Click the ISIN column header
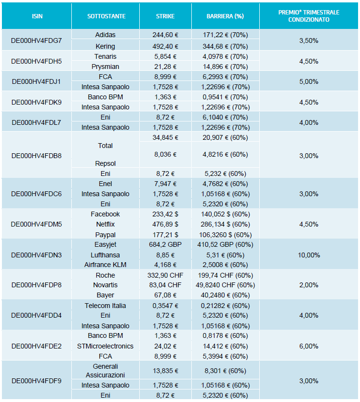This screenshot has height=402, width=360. pyautogui.click(x=37, y=16)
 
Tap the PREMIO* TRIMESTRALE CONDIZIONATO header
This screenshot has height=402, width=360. pyautogui.click(x=309, y=16)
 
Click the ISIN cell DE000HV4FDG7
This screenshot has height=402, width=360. pyautogui.click(x=37, y=40)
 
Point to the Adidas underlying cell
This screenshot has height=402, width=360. pyautogui.click(x=106, y=35)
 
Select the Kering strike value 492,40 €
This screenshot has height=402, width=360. pyautogui.click(x=165, y=46)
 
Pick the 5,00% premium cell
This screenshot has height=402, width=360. pyautogui.click(x=309, y=81)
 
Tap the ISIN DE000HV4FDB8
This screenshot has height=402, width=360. pyautogui.click(x=37, y=156)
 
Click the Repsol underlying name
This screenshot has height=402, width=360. pyautogui.click(x=106, y=163)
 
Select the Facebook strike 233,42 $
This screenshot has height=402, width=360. pyautogui.click(x=165, y=214)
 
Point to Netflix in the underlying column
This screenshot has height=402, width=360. pyautogui.click(x=106, y=224)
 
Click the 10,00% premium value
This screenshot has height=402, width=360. pyautogui.click(x=309, y=255)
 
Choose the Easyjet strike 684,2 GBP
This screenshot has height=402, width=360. pyautogui.click(x=165, y=245)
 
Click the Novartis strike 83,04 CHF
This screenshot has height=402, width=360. pyautogui.click(x=165, y=285)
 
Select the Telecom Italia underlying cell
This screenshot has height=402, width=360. pyautogui.click(x=106, y=306)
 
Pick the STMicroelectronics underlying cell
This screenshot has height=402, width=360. pyautogui.click(x=106, y=346)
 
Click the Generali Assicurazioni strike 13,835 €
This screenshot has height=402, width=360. pyautogui.click(x=165, y=371)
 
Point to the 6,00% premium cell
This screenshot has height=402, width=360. pyautogui.click(x=309, y=346)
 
